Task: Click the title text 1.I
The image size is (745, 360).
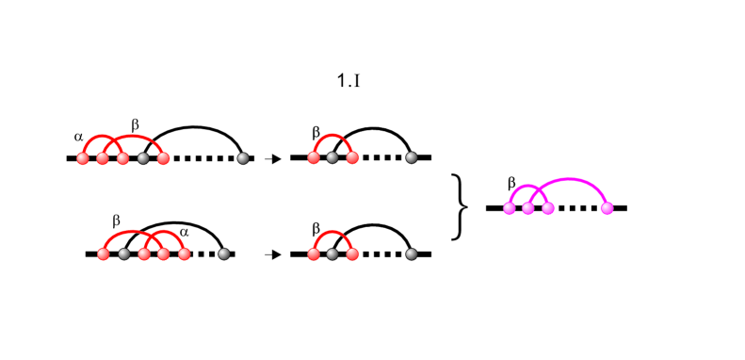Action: click(348, 81)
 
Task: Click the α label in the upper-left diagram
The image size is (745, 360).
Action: click(78, 137)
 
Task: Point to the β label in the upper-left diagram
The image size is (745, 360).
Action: click(135, 124)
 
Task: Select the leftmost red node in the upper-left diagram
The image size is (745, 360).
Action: click(83, 158)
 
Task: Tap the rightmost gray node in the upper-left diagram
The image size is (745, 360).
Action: click(243, 158)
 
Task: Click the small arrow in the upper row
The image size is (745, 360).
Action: click(274, 159)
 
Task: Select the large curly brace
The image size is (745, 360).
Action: click(461, 205)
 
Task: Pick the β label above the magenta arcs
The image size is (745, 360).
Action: click(511, 182)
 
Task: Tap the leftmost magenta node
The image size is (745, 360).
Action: click(509, 208)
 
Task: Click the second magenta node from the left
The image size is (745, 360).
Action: click(528, 208)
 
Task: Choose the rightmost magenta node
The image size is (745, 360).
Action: click(607, 208)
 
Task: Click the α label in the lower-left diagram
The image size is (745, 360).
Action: click(185, 231)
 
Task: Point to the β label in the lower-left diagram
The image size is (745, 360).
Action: click(117, 221)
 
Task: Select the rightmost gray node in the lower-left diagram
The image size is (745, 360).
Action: click(223, 254)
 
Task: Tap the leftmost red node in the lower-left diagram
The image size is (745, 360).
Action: click(104, 254)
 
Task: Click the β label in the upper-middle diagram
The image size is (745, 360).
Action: click(316, 133)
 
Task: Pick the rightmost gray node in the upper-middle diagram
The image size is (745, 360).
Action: click(412, 158)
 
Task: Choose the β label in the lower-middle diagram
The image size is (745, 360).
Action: click(316, 228)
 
